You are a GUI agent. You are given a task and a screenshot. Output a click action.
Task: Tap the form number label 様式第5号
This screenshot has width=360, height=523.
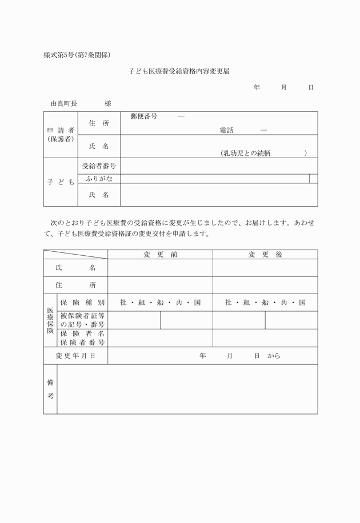pyautogui.click(x=61, y=55)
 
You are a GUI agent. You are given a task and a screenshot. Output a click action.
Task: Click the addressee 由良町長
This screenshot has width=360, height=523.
pyautogui.click(x=63, y=104)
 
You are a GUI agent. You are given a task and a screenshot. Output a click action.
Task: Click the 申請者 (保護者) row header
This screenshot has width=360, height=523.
pyautogui.click(x=61, y=135)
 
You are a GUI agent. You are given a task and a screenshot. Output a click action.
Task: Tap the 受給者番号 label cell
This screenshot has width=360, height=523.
pyautogui.click(x=99, y=166)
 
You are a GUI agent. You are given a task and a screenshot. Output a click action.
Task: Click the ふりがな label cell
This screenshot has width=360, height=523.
pyautogui.click(x=99, y=179)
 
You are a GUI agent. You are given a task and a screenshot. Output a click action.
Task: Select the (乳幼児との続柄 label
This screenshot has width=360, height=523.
pyautogui.click(x=245, y=152)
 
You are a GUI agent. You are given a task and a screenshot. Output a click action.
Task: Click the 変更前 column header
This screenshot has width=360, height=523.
pyautogui.click(x=160, y=255)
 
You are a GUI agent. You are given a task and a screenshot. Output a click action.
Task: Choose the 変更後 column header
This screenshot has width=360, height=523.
pyautogui.click(x=265, y=255)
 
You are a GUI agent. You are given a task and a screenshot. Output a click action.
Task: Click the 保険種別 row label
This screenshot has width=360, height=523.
pyautogui.click(x=82, y=303)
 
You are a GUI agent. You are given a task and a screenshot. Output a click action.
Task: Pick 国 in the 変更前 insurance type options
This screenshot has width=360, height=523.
pyautogui.click(x=197, y=303)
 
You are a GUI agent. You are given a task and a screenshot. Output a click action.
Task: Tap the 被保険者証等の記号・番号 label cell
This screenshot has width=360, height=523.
pyautogui.click(x=82, y=320)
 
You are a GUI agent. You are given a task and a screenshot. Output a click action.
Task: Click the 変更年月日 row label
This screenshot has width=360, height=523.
pyautogui.click(x=75, y=356)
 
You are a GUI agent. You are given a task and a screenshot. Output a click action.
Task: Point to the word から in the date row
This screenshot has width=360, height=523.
pyautogui.click(x=273, y=356)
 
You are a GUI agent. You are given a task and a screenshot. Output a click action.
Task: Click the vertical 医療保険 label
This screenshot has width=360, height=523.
pyautogui.click(x=50, y=320)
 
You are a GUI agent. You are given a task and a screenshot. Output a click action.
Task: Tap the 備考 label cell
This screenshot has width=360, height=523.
pyautogui.click(x=50, y=389)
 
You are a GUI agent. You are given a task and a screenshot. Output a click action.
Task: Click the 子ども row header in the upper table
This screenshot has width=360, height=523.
pyautogui.click(x=61, y=182)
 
